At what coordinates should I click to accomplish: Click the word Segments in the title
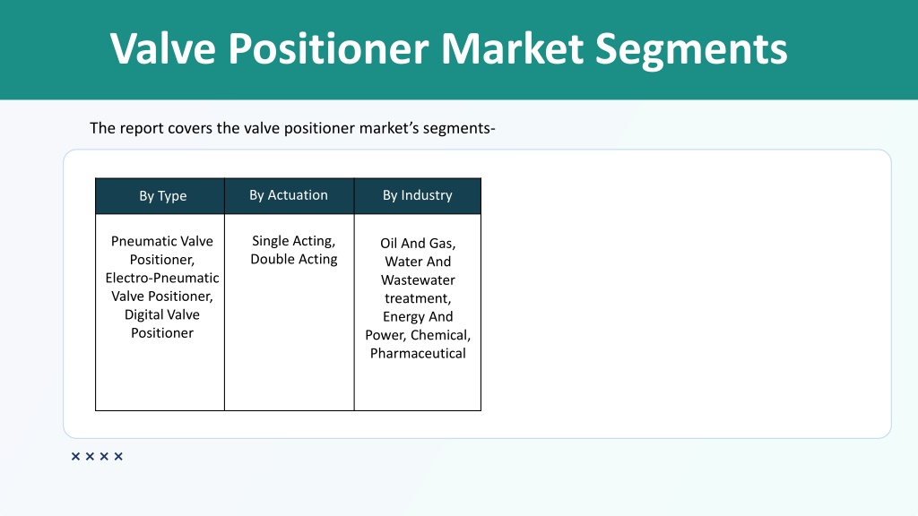pos(691,49)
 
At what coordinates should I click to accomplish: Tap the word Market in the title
pos(512,48)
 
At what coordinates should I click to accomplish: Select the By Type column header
pos(163,196)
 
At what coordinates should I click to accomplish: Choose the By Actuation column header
pos(289,195)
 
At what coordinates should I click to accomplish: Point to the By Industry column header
pos(418,195)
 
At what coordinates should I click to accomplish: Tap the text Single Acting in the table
pos(293,241)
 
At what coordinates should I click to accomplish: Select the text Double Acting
pos(294,259)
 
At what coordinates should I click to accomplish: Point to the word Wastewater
pos(418,280)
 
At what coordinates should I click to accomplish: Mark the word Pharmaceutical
pos(418,353)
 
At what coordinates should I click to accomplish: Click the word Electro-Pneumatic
pos(162,278)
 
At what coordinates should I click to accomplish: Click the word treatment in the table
pos(418,298)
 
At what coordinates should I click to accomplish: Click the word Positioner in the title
pos(328,48)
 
